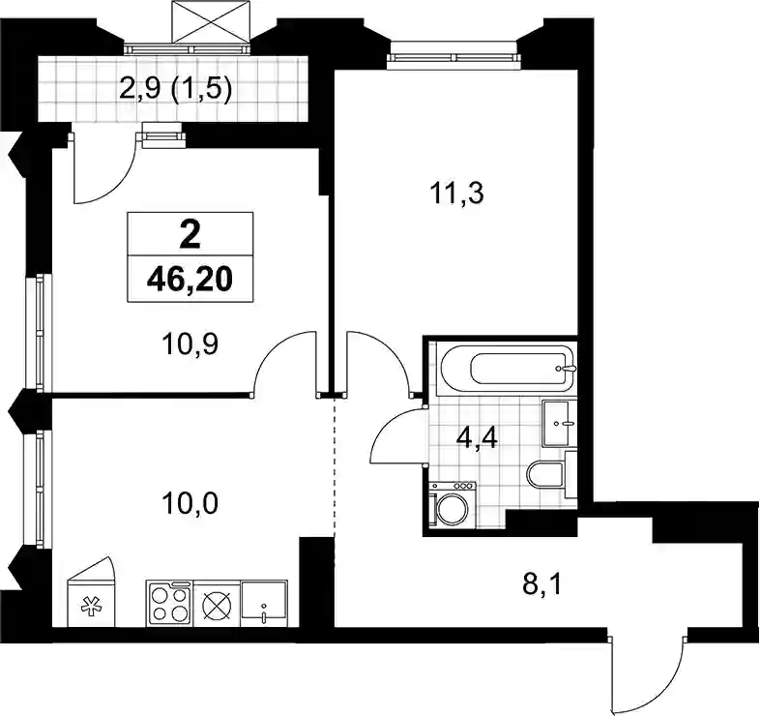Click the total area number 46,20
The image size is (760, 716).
point(190,280)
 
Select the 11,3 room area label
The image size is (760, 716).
point(456,194)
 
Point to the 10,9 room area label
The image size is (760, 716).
point(190,344)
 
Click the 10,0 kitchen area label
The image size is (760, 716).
point(190,503)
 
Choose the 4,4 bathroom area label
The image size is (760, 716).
point(477,439)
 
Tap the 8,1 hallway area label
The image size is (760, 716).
point(542,585)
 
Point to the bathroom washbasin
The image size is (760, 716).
point(559,423)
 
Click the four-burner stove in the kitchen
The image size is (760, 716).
point(168,604)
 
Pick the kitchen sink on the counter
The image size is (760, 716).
point(264,603)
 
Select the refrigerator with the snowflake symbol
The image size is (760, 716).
point(91,592)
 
